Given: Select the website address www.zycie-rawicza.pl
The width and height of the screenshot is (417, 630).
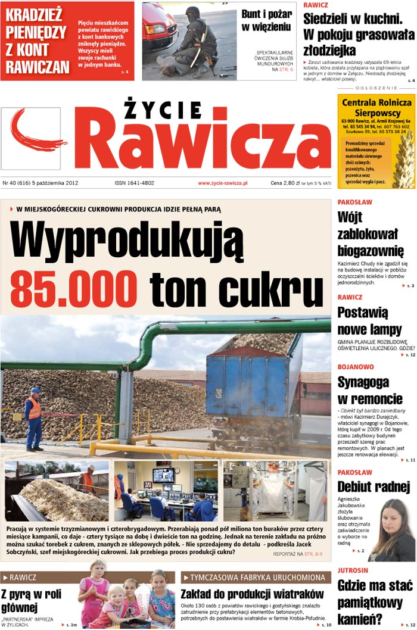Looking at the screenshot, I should tap(222, 183).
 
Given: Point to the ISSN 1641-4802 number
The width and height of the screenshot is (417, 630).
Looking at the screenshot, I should tap(134, 183).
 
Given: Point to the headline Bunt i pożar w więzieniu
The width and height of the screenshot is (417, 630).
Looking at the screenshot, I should tap(267, 20).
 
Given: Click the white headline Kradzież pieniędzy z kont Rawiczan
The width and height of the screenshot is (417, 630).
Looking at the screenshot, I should tap(37, 40).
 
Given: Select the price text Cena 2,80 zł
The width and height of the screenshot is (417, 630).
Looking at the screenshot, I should tap(285, 183).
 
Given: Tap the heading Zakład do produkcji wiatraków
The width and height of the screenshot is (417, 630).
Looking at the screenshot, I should tap(252, 594).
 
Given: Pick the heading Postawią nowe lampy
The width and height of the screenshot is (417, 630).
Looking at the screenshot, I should tap(369, 320).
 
